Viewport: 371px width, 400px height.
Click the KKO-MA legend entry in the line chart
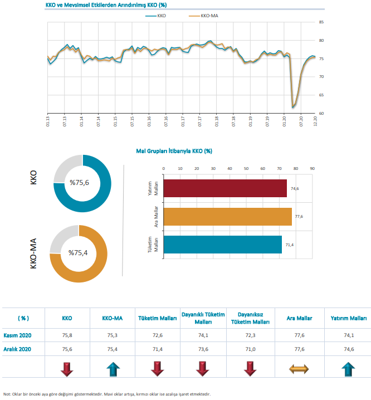208,16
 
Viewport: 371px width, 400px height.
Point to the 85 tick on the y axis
321,22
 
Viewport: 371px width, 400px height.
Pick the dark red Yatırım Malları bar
225,188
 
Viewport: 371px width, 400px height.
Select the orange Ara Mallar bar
228,217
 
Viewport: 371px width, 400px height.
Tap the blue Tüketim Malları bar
223,245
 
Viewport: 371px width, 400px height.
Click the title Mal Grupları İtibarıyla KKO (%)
174,151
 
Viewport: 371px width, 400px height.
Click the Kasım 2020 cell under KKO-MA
111,335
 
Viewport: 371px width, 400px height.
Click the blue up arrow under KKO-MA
111,369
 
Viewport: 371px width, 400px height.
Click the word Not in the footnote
7,394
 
